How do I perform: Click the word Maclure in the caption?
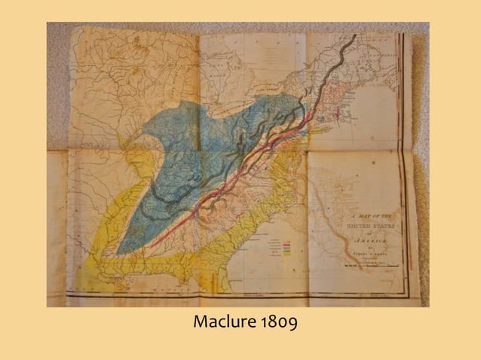[x=224, y=324]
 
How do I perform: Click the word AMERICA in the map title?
[x=369, y=237]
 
